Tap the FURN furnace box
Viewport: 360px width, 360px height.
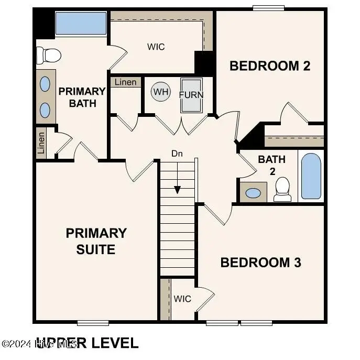[191, 95]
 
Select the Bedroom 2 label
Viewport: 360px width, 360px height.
[270, 66]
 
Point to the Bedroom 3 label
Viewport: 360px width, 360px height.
[260, 263]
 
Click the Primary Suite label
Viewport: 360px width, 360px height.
[96, 241]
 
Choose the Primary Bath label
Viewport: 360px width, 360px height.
[82, 97]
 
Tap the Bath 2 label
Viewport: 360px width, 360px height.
[272, 165]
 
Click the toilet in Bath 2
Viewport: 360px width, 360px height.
[282, 189]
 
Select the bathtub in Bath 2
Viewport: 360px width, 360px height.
[311, 176]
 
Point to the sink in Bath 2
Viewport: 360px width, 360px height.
[253, 193]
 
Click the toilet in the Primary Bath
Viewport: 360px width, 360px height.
[48, 54]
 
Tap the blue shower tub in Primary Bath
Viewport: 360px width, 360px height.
[81, 24]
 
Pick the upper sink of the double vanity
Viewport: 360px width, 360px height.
[46, 83]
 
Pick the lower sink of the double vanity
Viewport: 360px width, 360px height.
[46, 110]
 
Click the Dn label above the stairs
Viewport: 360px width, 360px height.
[177, 154]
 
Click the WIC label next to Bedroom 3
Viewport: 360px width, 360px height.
[182, 299]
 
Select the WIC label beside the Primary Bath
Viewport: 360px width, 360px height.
[156, 47]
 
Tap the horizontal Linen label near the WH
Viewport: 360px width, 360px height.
[126, 82]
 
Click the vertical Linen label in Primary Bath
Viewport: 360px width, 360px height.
[41, 143]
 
